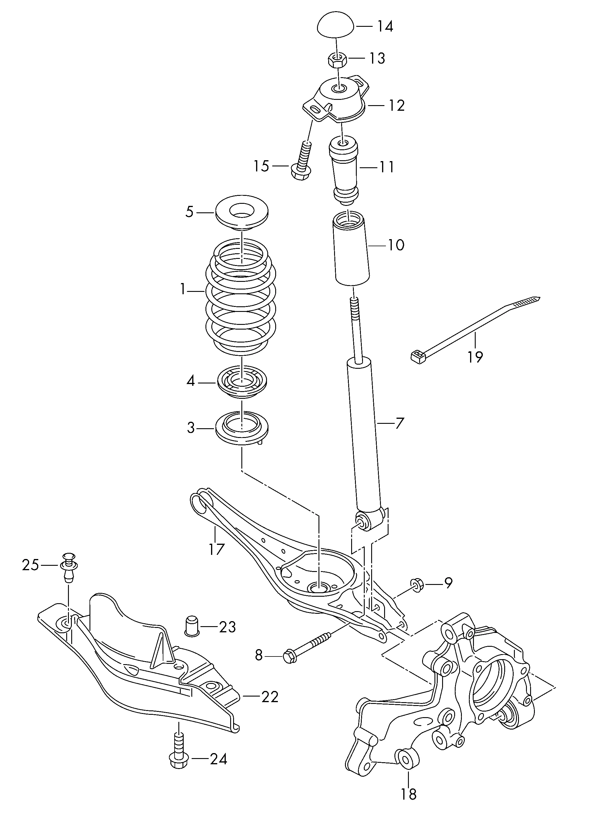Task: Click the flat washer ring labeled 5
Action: pos(242,215)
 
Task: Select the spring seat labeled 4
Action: pos(242,383)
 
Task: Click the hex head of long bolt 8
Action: pos(289,656)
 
